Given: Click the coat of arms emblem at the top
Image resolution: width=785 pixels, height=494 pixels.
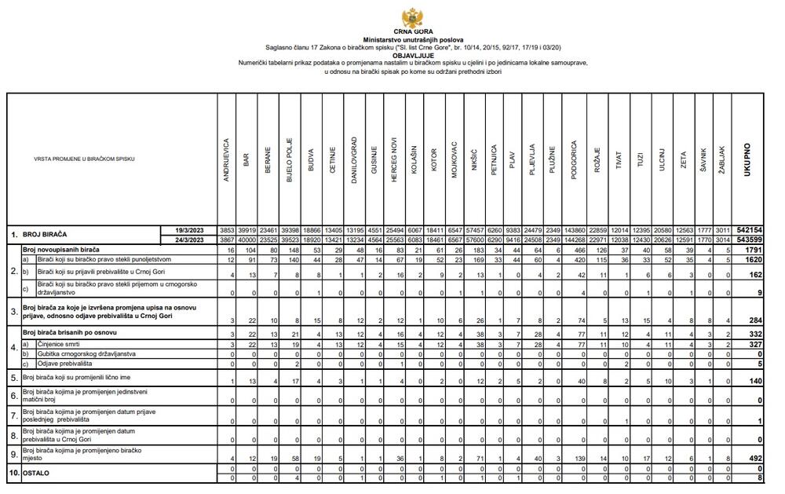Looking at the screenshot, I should click(412, 16).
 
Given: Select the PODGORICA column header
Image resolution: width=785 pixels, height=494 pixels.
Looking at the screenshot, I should click(574, 160).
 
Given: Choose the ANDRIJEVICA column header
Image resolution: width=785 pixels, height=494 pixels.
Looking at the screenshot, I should click(226, 160).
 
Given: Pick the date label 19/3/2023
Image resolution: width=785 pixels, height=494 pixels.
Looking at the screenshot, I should click(191, 229).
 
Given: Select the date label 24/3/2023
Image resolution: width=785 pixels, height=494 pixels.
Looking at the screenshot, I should click(191, 240).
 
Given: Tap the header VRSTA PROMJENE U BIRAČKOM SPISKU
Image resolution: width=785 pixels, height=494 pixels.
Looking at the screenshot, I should click(84, 159).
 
